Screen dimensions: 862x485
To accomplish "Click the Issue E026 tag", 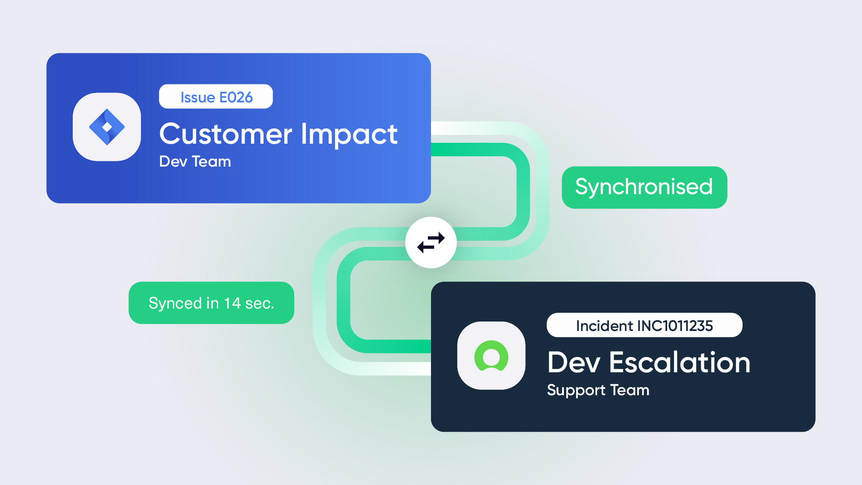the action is (216, 97).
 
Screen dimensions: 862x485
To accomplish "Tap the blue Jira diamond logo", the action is (107, 127).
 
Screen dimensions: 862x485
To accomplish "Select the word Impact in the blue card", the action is (349, 135).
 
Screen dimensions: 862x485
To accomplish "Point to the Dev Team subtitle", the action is (195, 162).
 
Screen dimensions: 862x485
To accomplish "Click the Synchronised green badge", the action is (644, 187).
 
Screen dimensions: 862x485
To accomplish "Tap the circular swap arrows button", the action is (431, 242).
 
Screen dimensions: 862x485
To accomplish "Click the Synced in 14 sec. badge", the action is (211, 303).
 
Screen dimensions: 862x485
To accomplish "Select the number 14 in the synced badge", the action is (233, 303).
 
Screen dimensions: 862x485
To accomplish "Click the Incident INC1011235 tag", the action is (644, 325).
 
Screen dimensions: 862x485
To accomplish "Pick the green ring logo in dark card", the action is (491, 356).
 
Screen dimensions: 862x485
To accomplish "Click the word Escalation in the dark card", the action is (680, 362).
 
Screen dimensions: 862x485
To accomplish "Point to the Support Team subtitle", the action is (598, 390).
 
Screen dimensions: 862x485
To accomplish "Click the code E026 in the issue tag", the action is (236, 97).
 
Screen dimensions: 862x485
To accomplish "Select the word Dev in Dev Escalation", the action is (574, 362).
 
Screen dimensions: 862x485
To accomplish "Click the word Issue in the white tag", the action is (198, 97).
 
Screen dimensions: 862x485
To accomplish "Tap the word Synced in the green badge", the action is (175, 304).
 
